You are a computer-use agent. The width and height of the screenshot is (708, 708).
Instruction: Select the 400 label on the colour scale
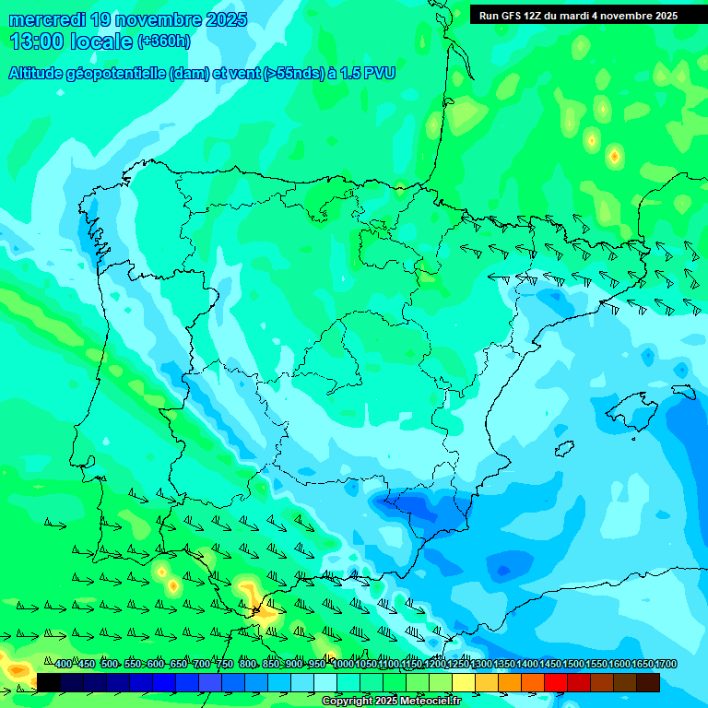coord(64,664)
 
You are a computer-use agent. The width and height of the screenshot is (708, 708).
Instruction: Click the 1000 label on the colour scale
coord(343,664)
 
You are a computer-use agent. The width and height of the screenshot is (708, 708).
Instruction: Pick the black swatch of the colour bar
coord(49,682)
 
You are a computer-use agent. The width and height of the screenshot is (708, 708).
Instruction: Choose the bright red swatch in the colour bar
coord(555,682)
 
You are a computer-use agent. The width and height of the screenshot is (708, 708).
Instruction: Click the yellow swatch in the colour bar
coord(464,682)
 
